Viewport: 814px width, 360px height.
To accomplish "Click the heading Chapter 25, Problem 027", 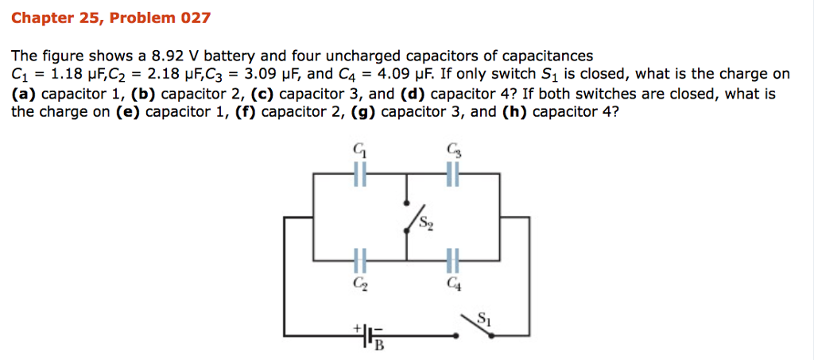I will coord(111,17).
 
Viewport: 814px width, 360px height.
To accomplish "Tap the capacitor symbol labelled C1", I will coord(360,174).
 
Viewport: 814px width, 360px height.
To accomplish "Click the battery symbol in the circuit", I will coord(368,336).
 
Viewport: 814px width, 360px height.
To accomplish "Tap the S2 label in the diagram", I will coord(428,225).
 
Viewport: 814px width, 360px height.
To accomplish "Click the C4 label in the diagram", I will coord(453,280).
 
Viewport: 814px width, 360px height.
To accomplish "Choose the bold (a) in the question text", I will coord(24,93).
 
